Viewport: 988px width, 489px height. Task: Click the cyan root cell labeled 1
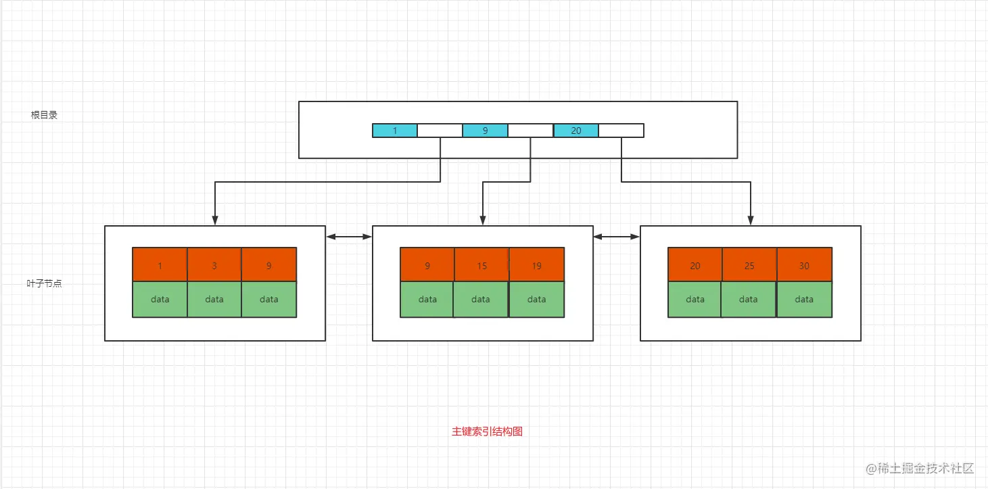point(395,131)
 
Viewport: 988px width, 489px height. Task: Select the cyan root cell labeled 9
point(485,131)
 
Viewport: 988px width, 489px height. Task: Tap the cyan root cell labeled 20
point(575,131)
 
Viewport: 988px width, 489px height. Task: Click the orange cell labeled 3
point(214,265)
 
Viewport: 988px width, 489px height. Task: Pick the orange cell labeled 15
point(481,265)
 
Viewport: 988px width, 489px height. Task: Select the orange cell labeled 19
point(536,265)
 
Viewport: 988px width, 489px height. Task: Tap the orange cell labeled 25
point(749,265)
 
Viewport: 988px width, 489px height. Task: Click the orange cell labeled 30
point(804,265)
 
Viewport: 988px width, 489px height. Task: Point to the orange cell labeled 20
point(695,265)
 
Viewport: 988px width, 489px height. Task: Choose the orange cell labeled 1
point(160,265)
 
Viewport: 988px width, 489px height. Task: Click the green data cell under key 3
point(214,299)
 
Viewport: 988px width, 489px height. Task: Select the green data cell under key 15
point(481,299)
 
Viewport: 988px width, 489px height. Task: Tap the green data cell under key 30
point(804,299)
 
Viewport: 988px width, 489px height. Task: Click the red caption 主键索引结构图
point(487,432)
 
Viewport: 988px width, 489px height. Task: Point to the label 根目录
point(45,115)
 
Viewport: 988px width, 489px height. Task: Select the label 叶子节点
point(45,284)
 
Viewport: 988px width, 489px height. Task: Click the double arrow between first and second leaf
point(349,237)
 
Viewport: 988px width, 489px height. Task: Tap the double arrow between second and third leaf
point(617,237)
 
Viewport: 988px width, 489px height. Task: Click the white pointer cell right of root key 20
point(621,131)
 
